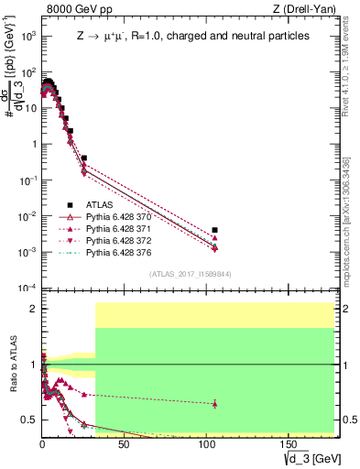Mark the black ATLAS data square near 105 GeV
point(214,230)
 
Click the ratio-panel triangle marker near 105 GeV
point(214,403)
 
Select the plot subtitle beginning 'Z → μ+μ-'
point(192,37)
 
